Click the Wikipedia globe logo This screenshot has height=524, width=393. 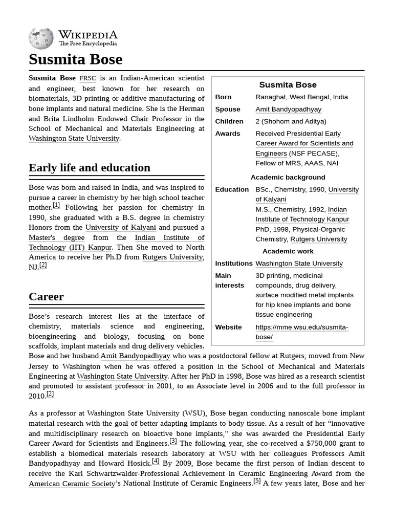click(x=41, y=38)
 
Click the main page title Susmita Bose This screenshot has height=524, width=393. click(x=75, y=59)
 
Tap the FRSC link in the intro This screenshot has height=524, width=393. click(x=88, y=78)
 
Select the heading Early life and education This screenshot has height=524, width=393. click(x=90, y=168)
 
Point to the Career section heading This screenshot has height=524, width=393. click(x=46, y=297)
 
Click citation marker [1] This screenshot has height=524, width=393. click(x=56, y=205)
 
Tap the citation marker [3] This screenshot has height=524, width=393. click(x=173, y=441)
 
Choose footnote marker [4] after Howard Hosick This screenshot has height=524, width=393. click(x=156, y=461)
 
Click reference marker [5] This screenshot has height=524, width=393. click(x=257, y=481)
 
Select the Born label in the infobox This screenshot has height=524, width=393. click(x=223, y=97)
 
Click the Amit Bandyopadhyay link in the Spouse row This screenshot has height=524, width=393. click(x=288, y=110)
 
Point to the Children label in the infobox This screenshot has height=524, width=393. click(x=229, y=122)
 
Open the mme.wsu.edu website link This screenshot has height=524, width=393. click(x=301, y=332)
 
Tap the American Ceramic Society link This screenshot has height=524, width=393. click(x=72, y=484)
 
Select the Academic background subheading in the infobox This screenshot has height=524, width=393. click(x=288, y=178)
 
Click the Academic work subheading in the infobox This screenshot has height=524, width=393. click(x=288, y=251)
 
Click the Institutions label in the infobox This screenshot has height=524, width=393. click(x=233, y=264)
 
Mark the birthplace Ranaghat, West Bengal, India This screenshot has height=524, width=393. click(x=301, y=97)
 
